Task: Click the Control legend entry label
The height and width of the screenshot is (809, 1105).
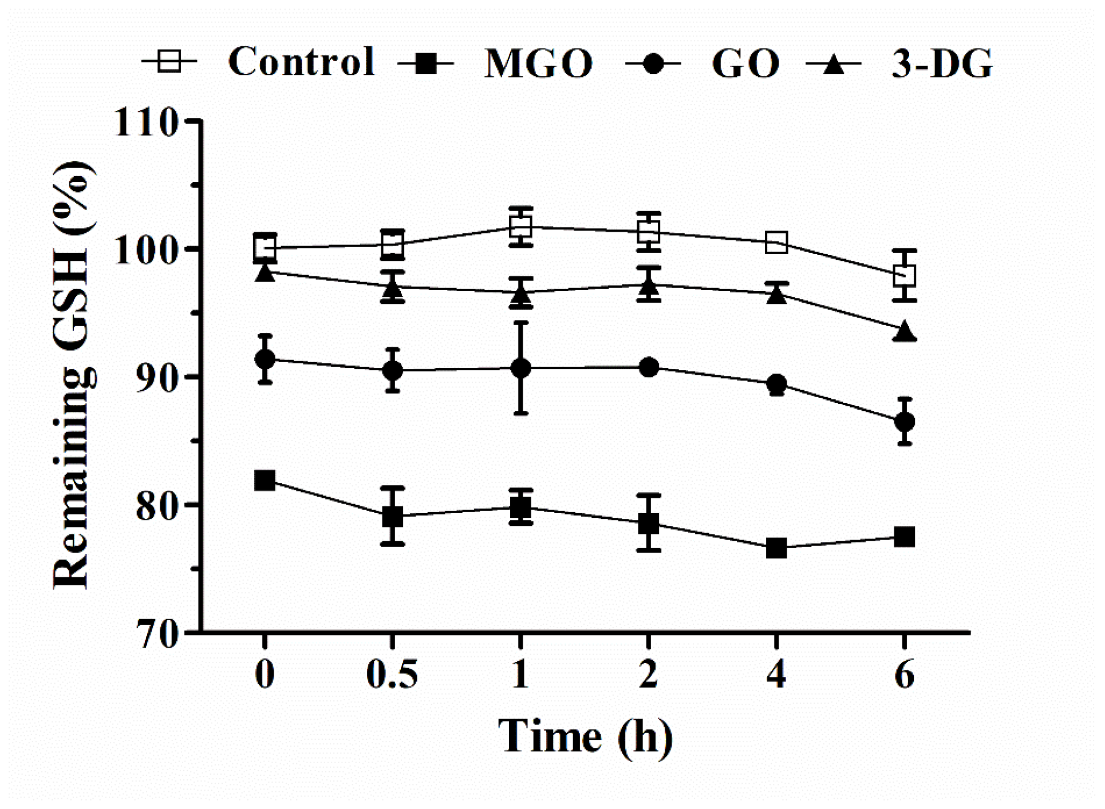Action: tap(301, 62)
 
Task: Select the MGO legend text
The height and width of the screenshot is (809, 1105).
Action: tap(538, 64)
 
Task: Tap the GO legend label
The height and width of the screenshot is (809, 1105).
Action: tap(745, 64)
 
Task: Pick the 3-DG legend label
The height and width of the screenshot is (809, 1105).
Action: tap(942, 64)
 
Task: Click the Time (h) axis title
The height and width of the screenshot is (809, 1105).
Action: tap(585, 736)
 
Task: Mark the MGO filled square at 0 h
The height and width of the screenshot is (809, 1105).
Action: tap(265, 481)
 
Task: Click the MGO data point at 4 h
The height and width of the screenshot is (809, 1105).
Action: tap(776, 548)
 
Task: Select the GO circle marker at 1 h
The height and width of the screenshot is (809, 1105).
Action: tap(520, 368)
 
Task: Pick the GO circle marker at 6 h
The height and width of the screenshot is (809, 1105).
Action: tap(904, 422)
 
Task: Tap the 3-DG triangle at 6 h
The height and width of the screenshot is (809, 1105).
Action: tap(904, 332)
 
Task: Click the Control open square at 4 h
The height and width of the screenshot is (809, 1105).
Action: tap(776, 243)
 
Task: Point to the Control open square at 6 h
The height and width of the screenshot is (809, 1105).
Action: tap(904, 276)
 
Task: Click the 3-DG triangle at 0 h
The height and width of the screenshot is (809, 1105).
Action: tap(265, 272)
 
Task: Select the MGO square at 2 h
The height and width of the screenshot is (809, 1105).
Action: tap(648, 523)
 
